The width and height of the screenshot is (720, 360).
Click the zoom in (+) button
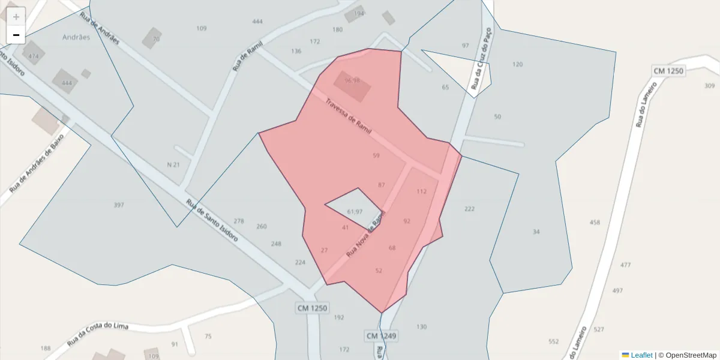point(16,17)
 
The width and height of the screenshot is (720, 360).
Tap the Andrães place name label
point(76,37)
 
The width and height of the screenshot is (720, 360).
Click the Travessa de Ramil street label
point(348,116)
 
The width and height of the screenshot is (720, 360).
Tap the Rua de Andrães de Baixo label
point(36,163)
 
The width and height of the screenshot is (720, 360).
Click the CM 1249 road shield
point(381,335)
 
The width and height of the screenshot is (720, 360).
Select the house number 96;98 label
point(352,81)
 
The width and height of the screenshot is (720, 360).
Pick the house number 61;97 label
point(355,212)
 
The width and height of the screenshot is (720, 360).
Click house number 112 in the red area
point(421,191)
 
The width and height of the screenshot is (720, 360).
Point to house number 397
point(119,205)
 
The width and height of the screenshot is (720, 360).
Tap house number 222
point(469,209)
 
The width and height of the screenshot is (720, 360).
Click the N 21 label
point(173,164)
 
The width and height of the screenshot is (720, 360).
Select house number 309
point(710,86)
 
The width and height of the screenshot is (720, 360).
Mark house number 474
point(34,56)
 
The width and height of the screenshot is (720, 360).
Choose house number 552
point(553,341)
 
